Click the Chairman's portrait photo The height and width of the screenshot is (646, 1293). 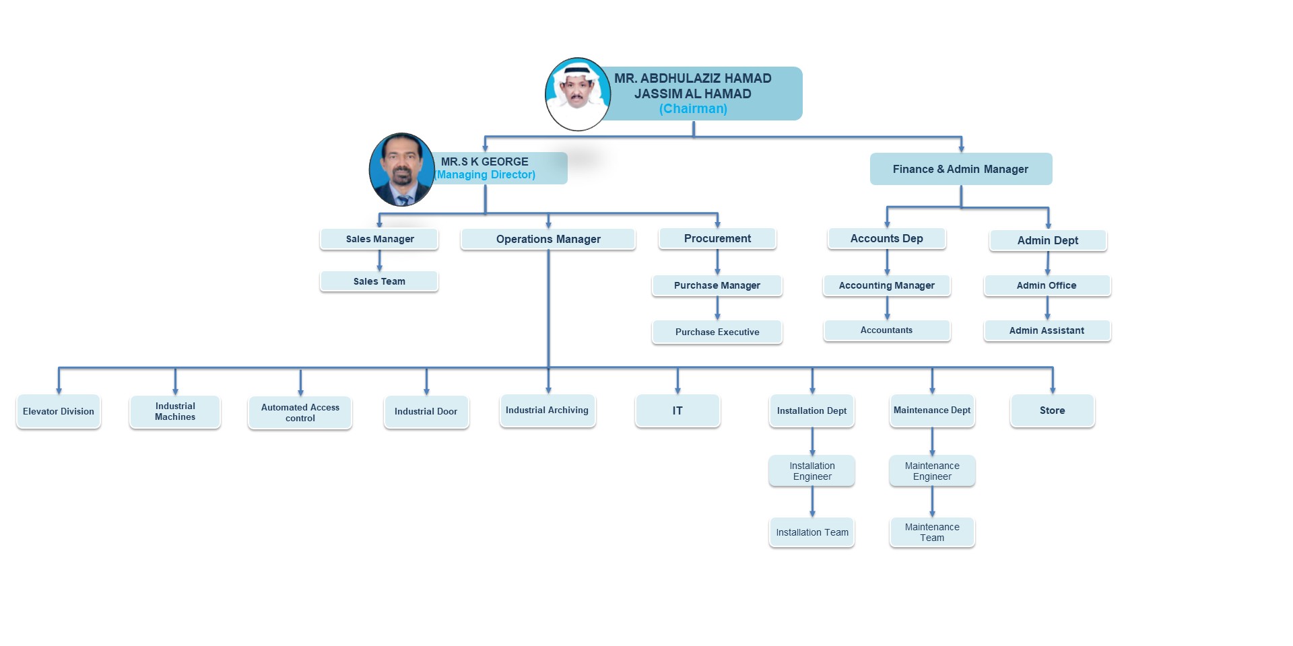pos(578,94)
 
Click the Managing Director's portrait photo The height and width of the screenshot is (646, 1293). pos(402,170)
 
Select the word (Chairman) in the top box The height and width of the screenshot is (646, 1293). pos(693,109)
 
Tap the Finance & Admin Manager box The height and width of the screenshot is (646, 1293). pos(961,169)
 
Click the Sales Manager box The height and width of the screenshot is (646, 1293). pos(379,239)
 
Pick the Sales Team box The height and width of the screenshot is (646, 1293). pos(379,281)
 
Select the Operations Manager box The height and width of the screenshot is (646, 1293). pos(548,239)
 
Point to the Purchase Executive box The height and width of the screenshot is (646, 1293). pos(717,332)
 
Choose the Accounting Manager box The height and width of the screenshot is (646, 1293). pos(887,285)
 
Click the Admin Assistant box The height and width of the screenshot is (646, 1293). pos(1047,330)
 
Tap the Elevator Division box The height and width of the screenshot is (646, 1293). pos(59,411)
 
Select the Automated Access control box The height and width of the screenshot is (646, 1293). pos(300,412)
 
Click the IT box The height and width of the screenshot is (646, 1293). pos(677,410)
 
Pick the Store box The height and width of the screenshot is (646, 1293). pos(1053,410)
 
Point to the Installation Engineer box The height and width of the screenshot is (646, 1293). pos(812,471)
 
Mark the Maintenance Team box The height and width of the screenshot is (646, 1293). pos(932,532)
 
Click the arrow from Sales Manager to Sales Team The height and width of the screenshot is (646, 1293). pos(379,260)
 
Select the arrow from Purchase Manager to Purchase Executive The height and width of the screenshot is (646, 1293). pos(717,308)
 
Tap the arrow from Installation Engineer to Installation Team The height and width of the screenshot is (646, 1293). pos(812,502)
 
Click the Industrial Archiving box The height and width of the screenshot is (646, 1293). pos(548,410)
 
